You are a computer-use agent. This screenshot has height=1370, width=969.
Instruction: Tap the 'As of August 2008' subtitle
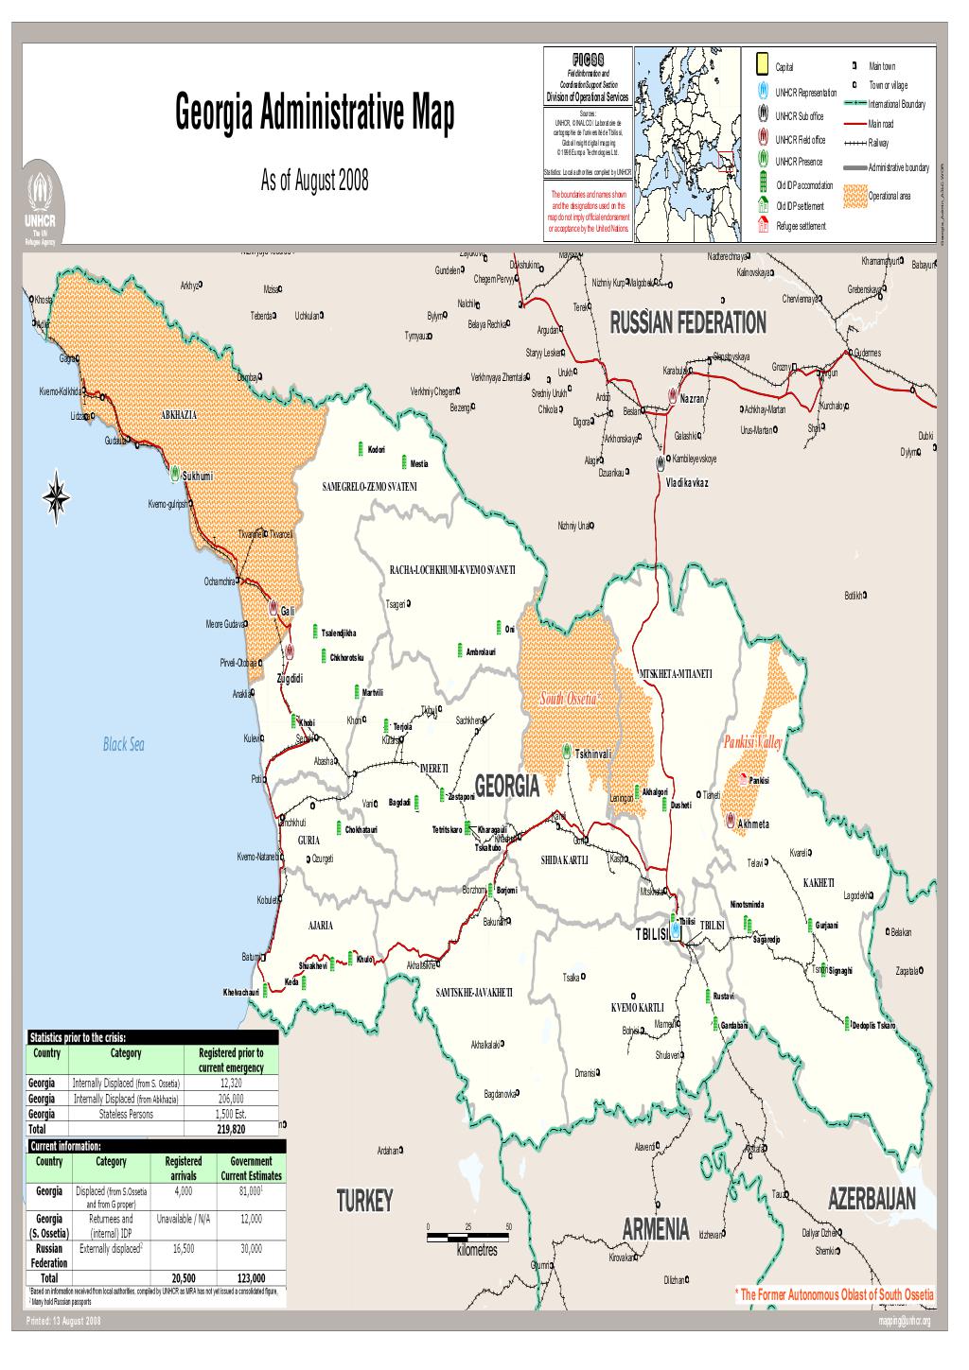point(314,182)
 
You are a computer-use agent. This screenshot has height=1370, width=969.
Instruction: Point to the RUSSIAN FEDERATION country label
point(688,323)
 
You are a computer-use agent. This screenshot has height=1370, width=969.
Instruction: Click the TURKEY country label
point(364,1202)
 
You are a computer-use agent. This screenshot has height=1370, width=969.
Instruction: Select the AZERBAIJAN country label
point(872,1200)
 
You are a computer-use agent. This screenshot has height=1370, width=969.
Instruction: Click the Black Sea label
point(124,745)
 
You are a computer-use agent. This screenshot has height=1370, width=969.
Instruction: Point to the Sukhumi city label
point(203,477)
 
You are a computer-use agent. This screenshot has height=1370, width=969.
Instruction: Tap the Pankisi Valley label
point(753,743)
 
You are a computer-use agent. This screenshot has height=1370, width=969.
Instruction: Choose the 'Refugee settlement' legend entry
point(801,226)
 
